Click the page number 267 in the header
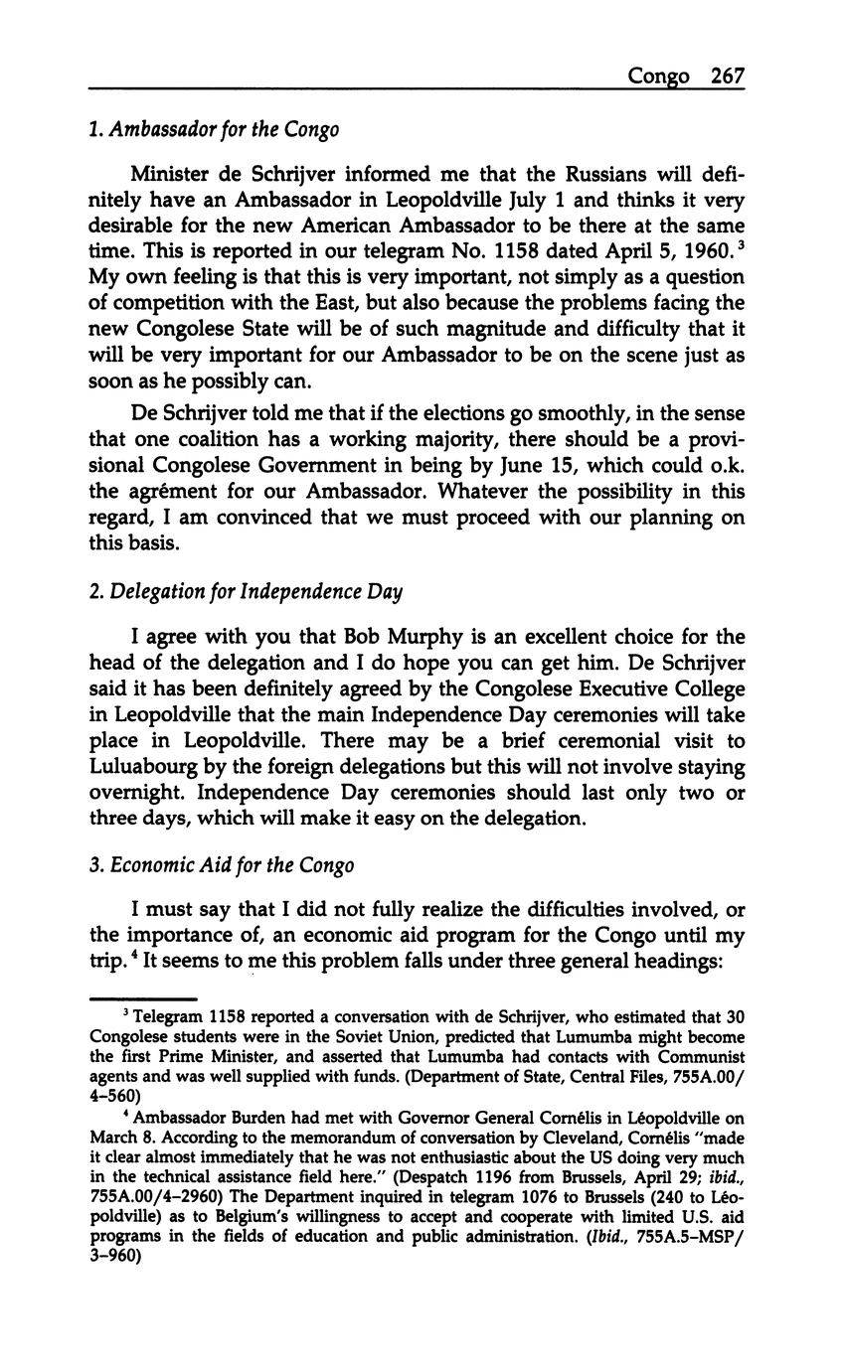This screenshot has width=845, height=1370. tap(728, 76)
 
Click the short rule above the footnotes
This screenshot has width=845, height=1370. tap(143, 998)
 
